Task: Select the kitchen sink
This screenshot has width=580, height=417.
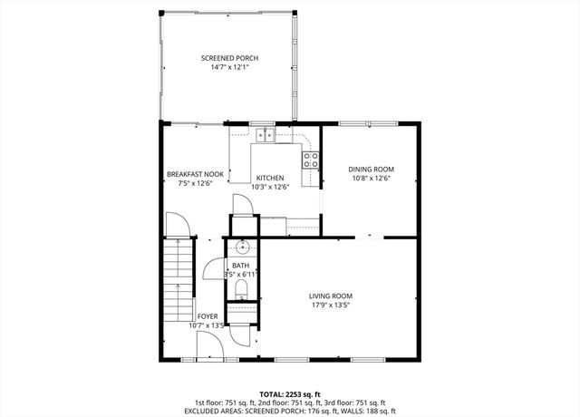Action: (x=265, y=136)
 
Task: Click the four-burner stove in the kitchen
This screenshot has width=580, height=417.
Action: (x=310, y=160)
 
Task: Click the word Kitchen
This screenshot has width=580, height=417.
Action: (x=270, y=178)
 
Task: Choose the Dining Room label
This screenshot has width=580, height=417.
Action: (x=372, y=169)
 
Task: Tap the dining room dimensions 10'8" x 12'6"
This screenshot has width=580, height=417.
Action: (x=372, y=179)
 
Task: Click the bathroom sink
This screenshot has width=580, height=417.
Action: (x=243, y=247)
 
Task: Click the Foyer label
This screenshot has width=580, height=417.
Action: (x=208, y=315)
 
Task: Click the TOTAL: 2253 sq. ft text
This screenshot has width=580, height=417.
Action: (x=290, y=394)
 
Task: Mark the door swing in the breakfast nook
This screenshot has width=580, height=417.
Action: (x=178, y=223)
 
